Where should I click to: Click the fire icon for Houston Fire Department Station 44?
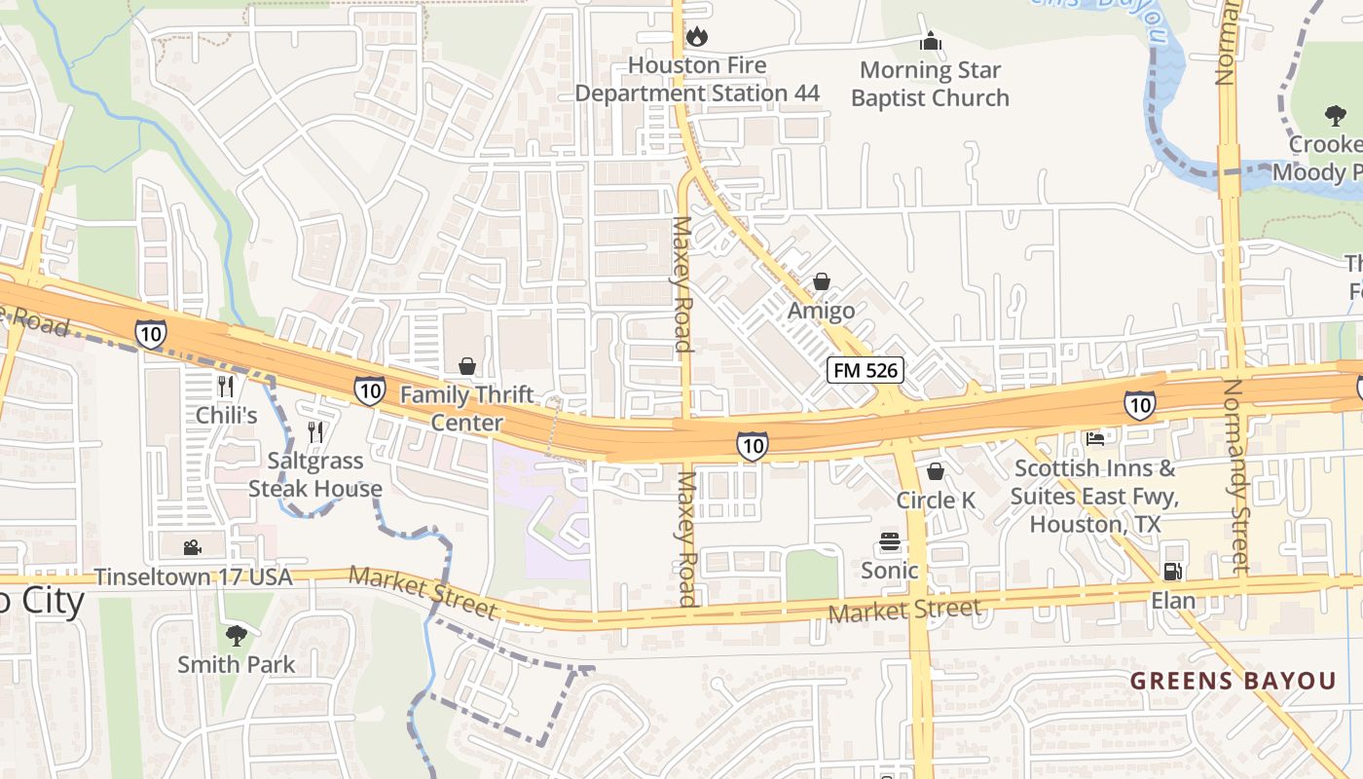[697, 37]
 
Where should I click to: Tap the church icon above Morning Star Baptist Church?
[931, 42]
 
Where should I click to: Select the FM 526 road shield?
[866, 370]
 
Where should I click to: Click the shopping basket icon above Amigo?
[822, 282]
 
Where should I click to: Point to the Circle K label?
[936, 500]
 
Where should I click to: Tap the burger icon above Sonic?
[889, 541]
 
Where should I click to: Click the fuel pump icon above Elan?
[1173, 572]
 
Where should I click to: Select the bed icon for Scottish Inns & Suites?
[1095, 439]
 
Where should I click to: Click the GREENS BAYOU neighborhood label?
[1233, 681]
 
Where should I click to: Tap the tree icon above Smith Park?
[236, 636]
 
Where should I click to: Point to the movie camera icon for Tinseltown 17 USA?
[192, 548]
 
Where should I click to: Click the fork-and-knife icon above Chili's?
[226, 387]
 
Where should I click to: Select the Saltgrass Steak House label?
[314, 474]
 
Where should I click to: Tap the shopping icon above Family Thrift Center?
[467, 366]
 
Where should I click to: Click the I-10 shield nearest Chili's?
[151, 334]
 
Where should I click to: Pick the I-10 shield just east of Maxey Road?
[752, 446]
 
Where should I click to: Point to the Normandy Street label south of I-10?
[1234, 474]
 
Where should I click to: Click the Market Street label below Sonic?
[904, 612]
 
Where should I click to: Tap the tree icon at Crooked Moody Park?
[1336, 115]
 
